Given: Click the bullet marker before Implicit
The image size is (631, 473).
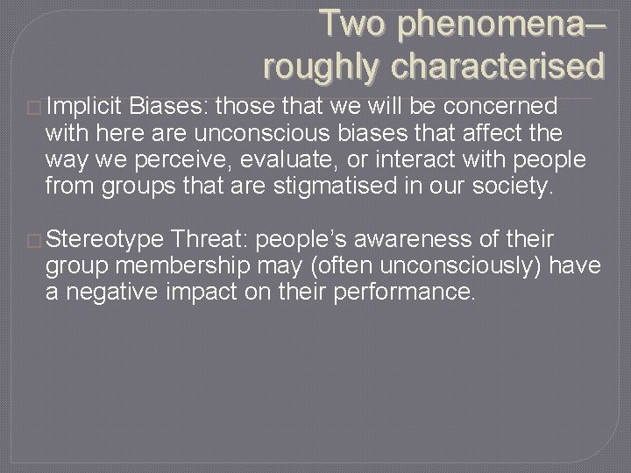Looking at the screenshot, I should pos(35,108).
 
